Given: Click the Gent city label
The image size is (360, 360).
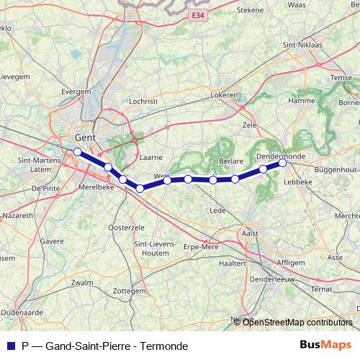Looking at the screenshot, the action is [86, 137].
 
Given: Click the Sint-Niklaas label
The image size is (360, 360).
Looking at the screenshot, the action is [302, 45].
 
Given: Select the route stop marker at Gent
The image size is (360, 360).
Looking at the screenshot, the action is [77, 151].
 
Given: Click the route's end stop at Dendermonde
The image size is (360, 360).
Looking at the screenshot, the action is [283, 163].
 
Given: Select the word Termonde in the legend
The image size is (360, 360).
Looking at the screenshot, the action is [166, 346].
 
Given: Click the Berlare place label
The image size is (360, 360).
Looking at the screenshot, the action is [231, 162].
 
